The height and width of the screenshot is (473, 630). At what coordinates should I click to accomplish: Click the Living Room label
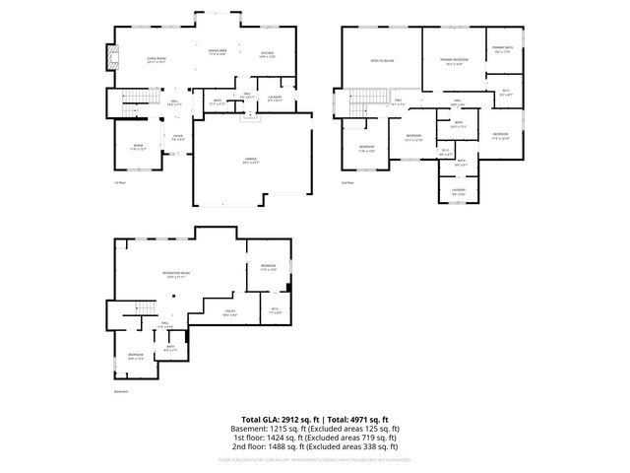point(155,59)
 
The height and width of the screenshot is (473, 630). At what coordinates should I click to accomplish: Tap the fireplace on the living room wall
point(112,57)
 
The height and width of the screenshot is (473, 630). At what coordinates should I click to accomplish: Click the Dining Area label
point(218,50)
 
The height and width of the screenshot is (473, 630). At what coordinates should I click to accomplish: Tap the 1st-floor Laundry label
point(275,98)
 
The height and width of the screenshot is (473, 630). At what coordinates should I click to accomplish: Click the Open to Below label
point(382,60)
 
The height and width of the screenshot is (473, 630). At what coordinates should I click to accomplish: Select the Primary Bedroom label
point(454,61)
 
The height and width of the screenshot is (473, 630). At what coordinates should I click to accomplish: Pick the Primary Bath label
point(501,48)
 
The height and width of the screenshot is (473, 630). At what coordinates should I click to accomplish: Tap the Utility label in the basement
point(228,311)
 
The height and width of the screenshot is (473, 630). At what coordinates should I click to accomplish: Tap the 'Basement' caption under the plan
point(121,391)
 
